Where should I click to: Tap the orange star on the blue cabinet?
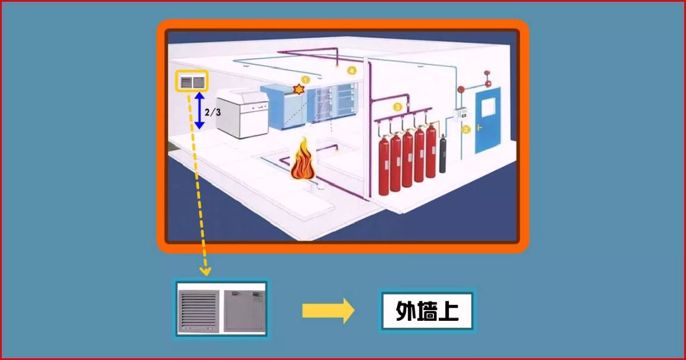298,89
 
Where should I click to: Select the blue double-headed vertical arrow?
200,110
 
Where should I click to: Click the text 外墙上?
427,311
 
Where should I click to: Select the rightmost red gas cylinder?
430,152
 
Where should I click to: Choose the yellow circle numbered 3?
398,107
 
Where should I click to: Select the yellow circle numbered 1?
306,78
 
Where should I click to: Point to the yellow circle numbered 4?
352,71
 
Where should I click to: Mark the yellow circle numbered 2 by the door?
467,129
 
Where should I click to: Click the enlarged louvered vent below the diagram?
199,309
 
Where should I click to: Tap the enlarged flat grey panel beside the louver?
243,309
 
